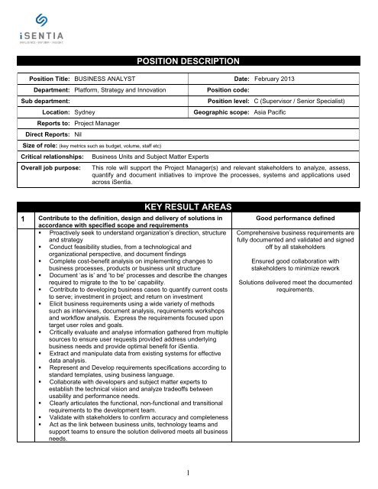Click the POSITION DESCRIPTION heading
[189, 60]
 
